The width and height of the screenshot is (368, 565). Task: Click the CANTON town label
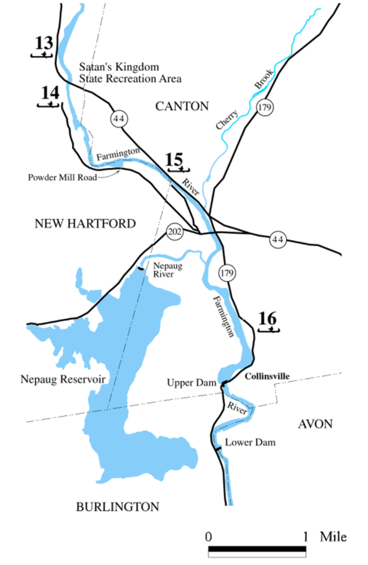[182, 106]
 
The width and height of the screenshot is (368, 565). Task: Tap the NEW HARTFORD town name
[85, 223]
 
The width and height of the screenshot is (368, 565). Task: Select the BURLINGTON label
[118, 507]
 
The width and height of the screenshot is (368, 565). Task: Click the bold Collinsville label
[267, 376]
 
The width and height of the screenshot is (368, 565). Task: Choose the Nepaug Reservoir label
[63, 379]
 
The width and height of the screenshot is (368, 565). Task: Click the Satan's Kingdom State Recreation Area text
[130, 73]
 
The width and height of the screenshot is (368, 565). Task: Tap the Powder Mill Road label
[62, 178]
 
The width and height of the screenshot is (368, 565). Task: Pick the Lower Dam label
[250, 442]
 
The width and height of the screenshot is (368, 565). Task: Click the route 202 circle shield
[174, 232]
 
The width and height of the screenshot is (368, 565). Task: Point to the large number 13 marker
[44, 43]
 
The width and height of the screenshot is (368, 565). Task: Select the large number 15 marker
[175, 159]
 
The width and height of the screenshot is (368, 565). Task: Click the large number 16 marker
[267, 318]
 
